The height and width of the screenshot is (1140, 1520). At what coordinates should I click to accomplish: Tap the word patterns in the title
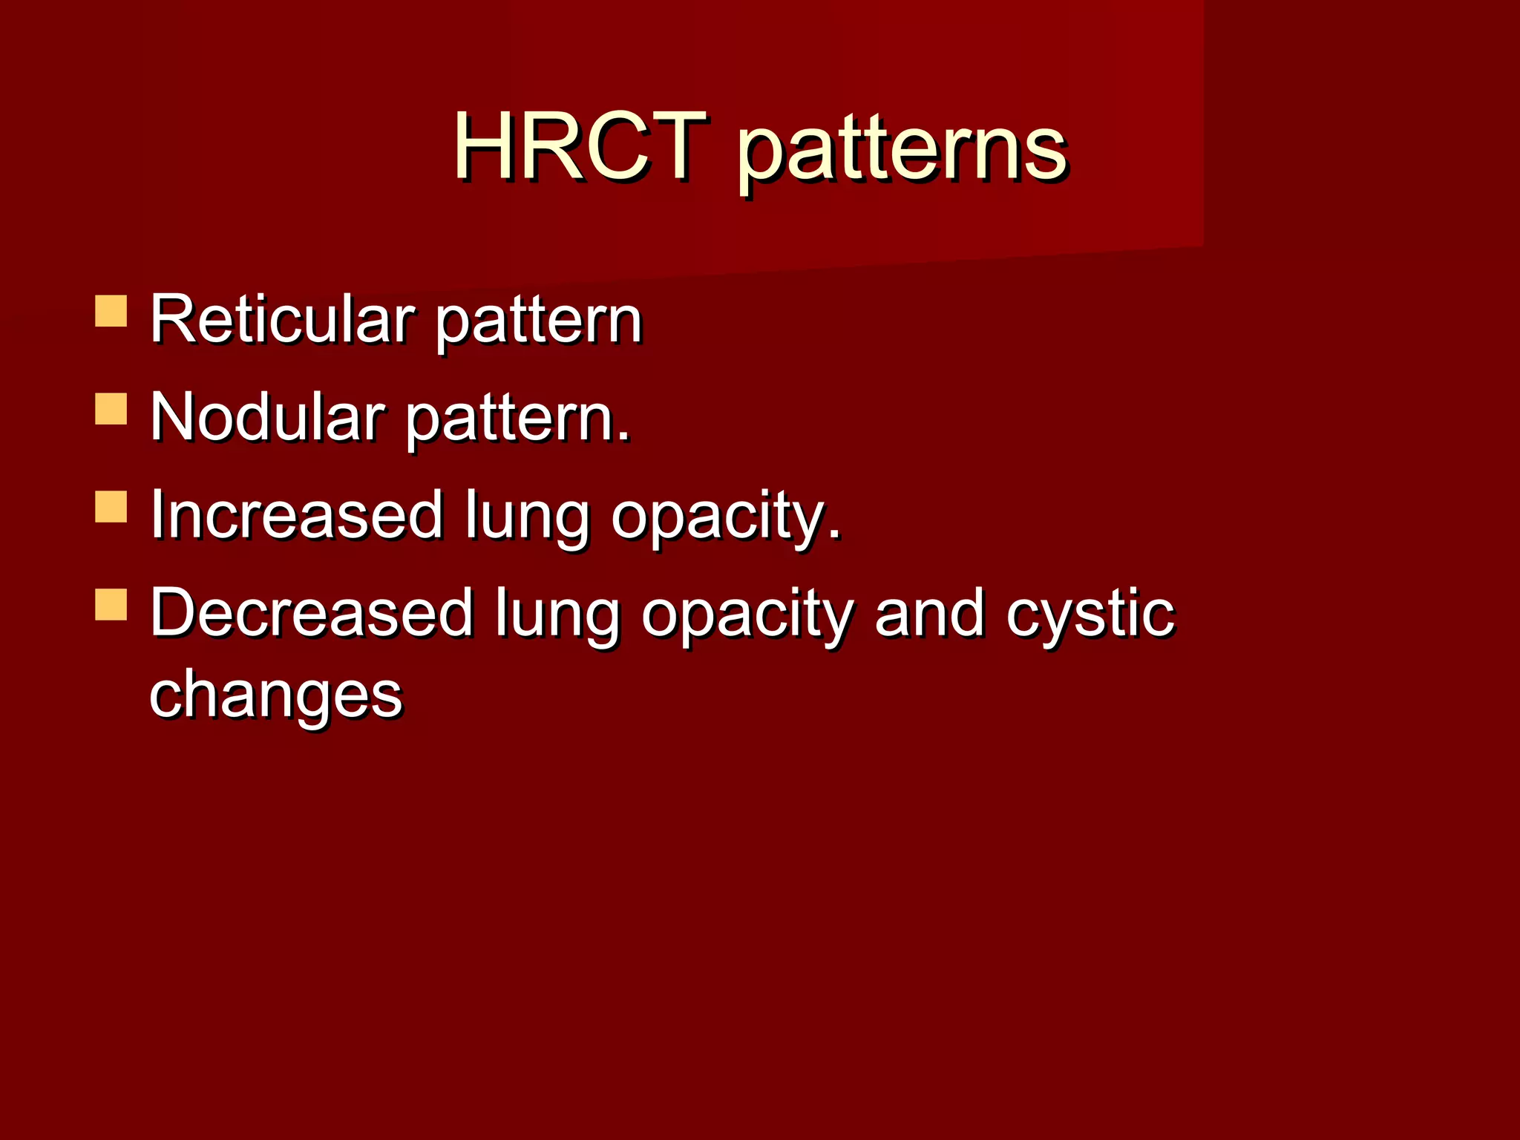[902, 152]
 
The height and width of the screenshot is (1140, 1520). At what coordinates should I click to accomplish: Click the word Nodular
[267, 417]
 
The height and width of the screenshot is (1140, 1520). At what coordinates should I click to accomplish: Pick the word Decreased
[312, 613]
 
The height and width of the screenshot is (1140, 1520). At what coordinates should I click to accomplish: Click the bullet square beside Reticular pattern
[111, 311]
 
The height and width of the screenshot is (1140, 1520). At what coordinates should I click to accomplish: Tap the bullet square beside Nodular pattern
[111, 409]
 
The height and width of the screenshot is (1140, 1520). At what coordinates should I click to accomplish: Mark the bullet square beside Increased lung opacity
[111, 506]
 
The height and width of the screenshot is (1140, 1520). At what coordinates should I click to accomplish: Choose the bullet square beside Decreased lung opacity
[111, 604]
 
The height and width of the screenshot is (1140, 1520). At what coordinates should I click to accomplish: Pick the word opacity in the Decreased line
[747, 616]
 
